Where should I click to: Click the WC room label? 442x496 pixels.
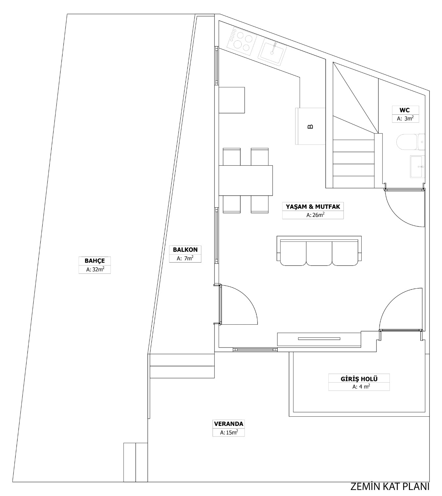click(x=405, y=110)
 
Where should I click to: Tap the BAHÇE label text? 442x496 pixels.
click(x=95, y=261)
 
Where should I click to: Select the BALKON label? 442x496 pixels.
click(x=185, y=250)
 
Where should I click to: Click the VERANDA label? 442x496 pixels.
click(x=228, y=424)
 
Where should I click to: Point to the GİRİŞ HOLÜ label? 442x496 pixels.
click(x=359, y=379)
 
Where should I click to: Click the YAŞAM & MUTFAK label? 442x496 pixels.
click(x=313, y=207)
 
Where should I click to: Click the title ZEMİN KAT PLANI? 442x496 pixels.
click(x=390, y=487)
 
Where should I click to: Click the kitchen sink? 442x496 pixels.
click(x=272, y=52)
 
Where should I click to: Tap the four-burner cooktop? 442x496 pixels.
click(x=242, y=41)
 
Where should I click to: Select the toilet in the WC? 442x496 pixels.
click(x=411, y=142)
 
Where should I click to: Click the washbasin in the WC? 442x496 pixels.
click(x=418, y=166)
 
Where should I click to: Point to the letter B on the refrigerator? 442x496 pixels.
click(x=310, y=127)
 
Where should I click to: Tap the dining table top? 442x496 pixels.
click(x=246, y=181)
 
